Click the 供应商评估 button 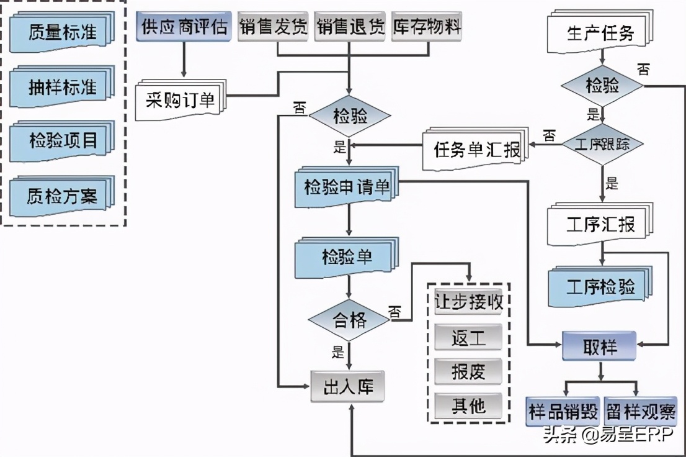pos(184,27)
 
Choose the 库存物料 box pos(426,27)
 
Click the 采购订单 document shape pos(180,99)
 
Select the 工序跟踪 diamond pos(602,145)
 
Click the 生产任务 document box pos(599,34)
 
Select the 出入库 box pos(347,387)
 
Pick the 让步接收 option pos(468,302)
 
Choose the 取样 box pos(600,346)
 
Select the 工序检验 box pos(600,286)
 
